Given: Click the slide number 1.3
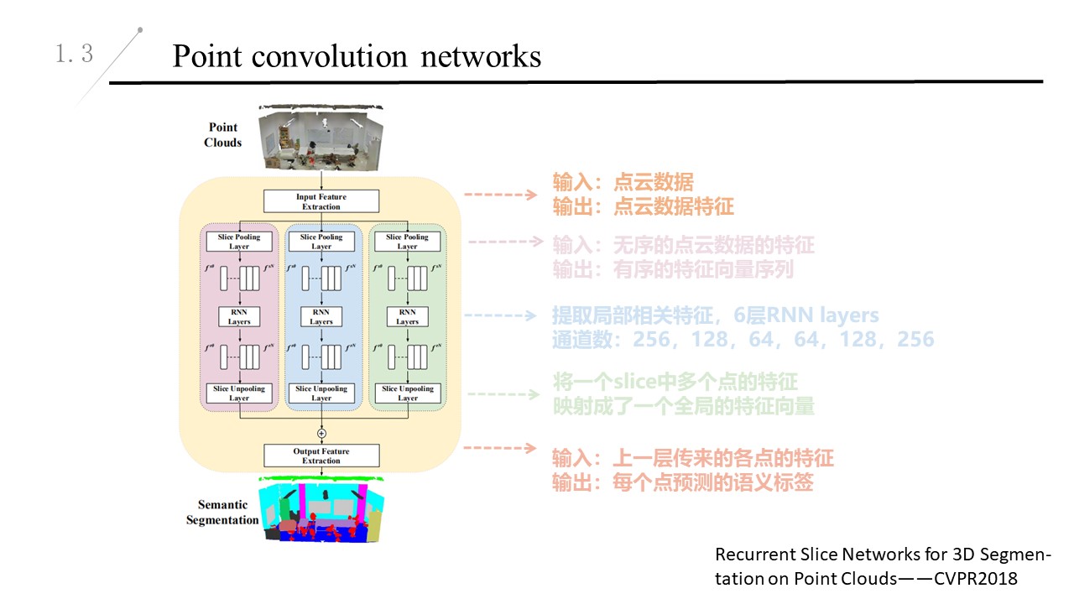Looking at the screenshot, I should point(75,55).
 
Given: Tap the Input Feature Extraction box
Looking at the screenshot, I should point(321,201).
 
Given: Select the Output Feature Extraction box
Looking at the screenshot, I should point(321,456).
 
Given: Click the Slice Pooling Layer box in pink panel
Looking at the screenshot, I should point(239,242).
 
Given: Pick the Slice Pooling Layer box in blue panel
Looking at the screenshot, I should point(321,242).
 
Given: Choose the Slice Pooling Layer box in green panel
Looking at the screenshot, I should point(407,242).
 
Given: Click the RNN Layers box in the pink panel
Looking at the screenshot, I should point(239,316).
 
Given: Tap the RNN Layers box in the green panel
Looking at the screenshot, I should point(407,316).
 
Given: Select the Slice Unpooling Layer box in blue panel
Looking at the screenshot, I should point(321,393).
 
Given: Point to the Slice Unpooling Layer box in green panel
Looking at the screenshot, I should point(407,393).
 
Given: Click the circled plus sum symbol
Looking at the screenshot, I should point(321,432).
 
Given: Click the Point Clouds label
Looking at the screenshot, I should point(222,135).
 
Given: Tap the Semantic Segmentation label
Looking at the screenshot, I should point(222,512).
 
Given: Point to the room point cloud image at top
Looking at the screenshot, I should point(321,137).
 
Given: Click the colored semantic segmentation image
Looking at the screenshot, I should point(323,509).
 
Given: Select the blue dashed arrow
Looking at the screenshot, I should point(500,317).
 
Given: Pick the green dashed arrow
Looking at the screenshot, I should point(500,393).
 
